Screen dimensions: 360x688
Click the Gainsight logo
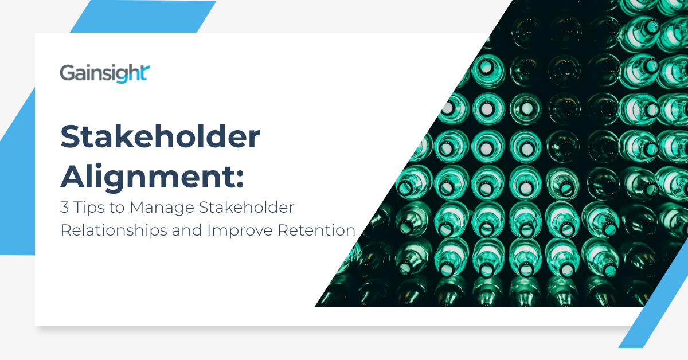tap(105, 74)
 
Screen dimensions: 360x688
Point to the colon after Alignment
tap(240, 179)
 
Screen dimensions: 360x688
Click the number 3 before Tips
tap(64, 208)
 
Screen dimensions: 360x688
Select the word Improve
tap(240, 230)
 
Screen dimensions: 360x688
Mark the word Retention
tap(316, 230)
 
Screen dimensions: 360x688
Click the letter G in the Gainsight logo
tap(66, 74)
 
